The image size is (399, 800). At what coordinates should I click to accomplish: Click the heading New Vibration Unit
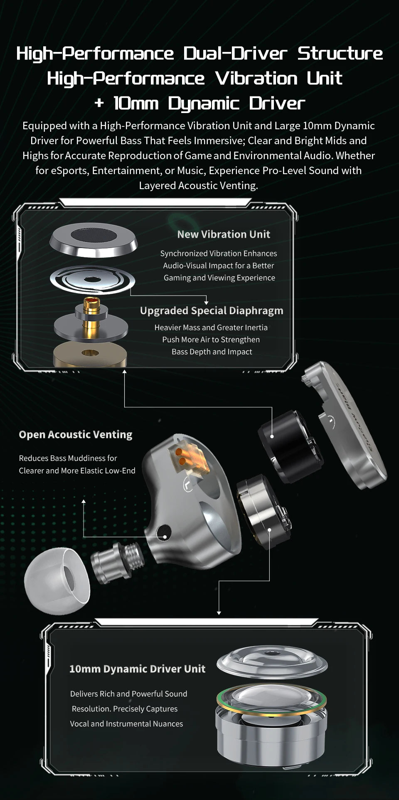(x=224, y=234)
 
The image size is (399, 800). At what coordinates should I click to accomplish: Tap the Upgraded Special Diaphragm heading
(x=212, y=311)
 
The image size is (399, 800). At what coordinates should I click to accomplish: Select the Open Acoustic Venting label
(x=76, y=435)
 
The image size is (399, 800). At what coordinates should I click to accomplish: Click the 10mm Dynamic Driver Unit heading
(x=137, y=669)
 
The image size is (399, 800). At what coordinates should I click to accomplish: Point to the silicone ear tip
(x=57, y=581)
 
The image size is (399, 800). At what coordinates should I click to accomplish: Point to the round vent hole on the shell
(x=164, y=532)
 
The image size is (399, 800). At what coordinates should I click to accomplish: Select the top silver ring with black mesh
(x=93, y=241)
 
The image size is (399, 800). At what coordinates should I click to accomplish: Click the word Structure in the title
(x=340, y=53)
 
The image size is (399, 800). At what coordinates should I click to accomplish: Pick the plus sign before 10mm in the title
(x=99, y=103)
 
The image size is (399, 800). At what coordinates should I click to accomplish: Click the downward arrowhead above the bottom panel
(x=219, y=613)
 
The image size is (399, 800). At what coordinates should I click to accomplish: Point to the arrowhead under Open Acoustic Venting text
(x=84, y=502)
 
